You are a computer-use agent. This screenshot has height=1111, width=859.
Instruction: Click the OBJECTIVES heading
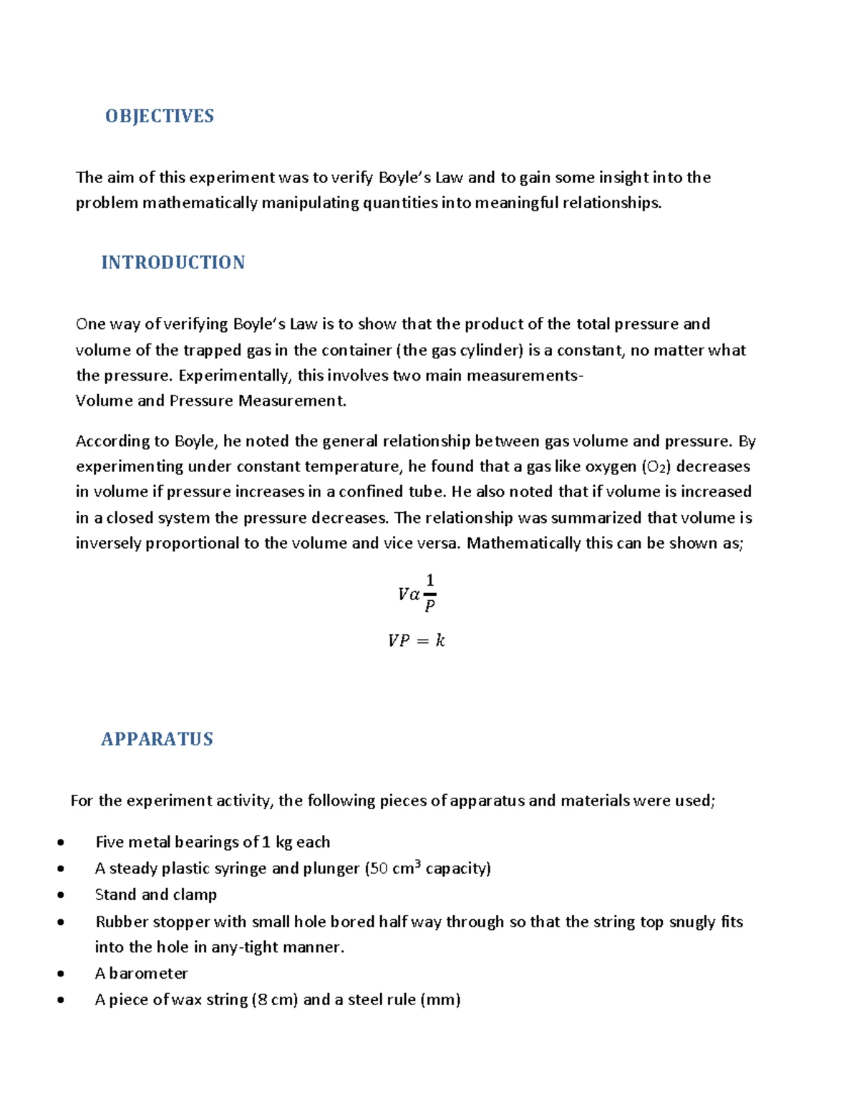click(159, 116)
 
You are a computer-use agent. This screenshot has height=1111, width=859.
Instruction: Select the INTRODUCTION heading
click(173, 263)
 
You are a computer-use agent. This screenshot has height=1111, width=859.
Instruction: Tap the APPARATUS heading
click(157, 739)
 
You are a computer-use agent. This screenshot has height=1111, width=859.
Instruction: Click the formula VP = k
click(416, 640)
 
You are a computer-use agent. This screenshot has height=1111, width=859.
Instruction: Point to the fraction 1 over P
click(429, 593)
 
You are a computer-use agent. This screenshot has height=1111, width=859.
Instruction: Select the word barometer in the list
click(148, 974)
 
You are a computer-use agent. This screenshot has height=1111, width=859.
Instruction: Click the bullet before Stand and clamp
click(62, 895)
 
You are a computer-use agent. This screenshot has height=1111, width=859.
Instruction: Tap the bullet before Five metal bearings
click(62, 843)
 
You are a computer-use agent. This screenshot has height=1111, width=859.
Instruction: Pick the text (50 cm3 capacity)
click(428, 868)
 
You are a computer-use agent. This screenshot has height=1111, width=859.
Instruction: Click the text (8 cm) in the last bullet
click(274, 999)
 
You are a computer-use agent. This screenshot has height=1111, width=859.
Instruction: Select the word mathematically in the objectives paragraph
click(199, 203)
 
